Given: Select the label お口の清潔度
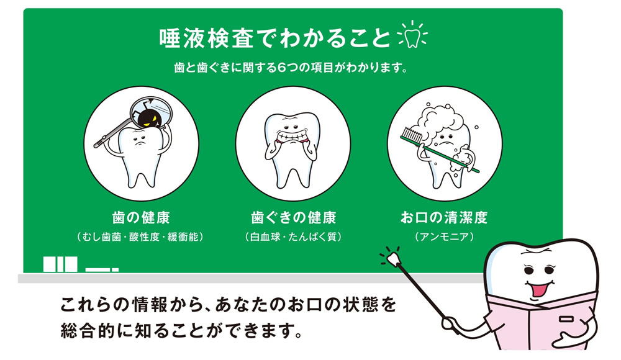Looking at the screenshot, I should click(444, 218).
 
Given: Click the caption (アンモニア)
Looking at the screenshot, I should click(444, 237).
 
